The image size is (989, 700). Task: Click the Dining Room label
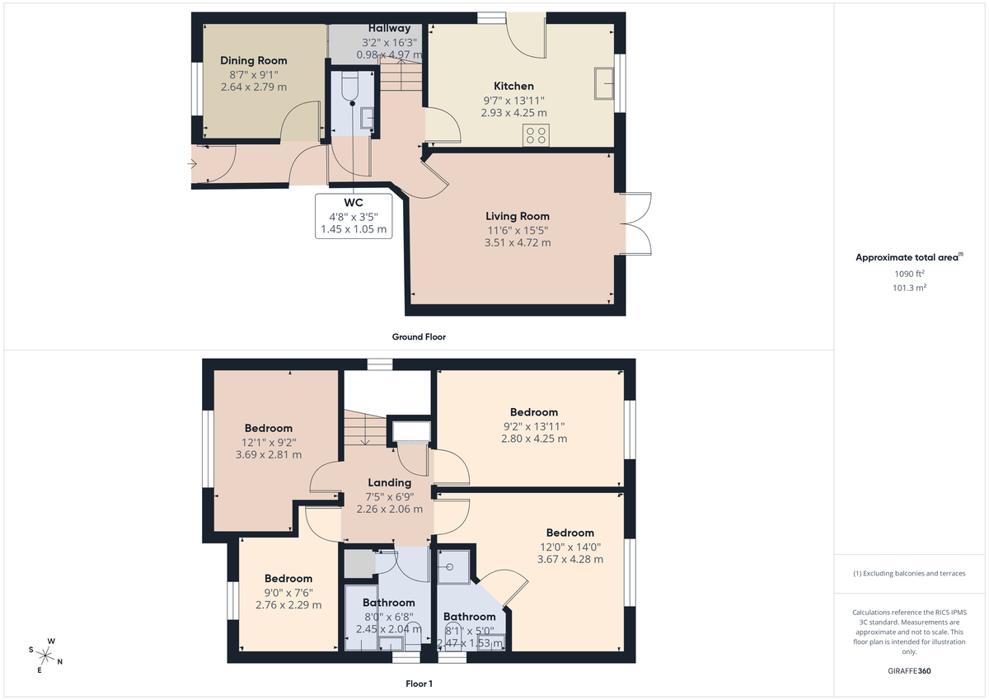click(254, 60)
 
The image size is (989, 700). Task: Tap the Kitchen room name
click(513, 86)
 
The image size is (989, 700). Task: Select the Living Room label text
click(518, 216)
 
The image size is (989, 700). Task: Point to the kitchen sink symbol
click(603, 83)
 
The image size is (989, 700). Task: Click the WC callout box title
click(354, 202)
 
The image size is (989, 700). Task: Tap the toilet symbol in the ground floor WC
click(348, 86)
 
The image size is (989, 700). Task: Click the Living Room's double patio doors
click(636, 223)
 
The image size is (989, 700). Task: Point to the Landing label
click(389, 482)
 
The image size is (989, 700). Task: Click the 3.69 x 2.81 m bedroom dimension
click(268, 454)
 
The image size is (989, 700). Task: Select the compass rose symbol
click(46, 655)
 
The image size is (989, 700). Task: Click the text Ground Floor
click(419, 336)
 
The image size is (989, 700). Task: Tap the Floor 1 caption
click(419, 684)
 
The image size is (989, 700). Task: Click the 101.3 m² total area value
click(910, 288)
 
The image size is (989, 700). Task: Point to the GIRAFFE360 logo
click(909, 671)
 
